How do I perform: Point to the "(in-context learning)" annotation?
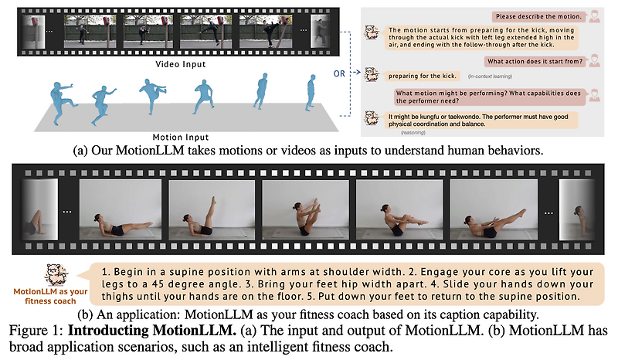pos(489,76)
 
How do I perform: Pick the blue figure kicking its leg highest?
pos(151,93)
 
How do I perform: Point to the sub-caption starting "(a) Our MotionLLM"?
pos(308,151)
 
